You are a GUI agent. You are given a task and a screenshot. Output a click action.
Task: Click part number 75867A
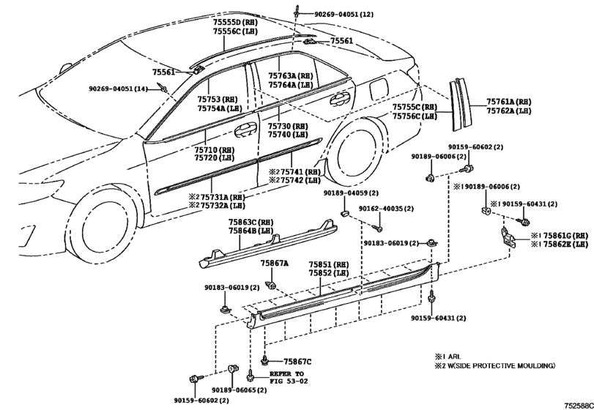coord(274,263)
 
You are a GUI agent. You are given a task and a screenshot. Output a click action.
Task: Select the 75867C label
coord(297,362)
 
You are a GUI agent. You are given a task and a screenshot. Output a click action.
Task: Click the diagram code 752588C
coord(579,406)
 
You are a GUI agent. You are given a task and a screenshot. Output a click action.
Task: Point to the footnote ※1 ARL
coord(448,357)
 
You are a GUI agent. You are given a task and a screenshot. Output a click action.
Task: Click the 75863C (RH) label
coord(250,223)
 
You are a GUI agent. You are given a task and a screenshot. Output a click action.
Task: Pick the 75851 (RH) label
coord(328,264)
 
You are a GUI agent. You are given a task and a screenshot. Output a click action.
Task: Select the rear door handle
coord(339,98)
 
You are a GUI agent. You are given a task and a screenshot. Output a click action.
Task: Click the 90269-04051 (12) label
coord(344,15)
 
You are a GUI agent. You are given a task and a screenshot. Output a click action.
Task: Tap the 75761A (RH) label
coord(509,102)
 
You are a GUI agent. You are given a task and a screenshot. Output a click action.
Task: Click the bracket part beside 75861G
coord(508,239)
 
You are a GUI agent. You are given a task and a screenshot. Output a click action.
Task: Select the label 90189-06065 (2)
coord(239,390)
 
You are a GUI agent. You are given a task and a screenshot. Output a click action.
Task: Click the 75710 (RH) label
coord(215,150)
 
